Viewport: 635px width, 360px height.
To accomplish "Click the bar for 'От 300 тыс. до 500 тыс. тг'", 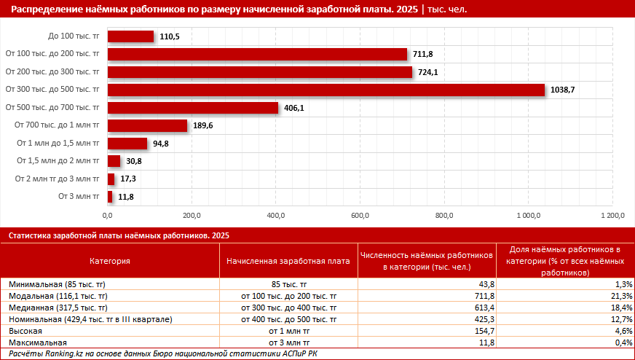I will pos(326,90).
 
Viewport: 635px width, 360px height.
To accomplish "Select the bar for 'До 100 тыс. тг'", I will pos(130,36).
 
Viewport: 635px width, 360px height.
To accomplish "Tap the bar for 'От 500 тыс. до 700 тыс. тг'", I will pos(193,108).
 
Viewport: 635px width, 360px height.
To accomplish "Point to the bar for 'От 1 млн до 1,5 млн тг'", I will pos(127,144).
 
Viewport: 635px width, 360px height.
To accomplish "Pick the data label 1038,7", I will pos(563,90).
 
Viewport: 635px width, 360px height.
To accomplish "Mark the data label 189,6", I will pos(202,126).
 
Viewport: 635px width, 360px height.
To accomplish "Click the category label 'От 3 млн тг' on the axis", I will pos(79,196).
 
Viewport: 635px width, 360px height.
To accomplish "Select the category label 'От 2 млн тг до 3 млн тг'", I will pos(57,179).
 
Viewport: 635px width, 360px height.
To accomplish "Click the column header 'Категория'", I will pos(110,260).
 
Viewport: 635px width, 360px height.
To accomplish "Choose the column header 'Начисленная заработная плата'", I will pos(288,260).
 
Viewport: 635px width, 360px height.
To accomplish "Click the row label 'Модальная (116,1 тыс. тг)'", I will pos(58,296).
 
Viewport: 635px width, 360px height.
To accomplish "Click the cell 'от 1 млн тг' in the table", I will pos(288,331).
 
